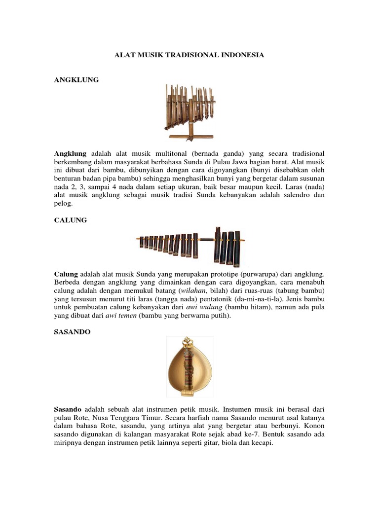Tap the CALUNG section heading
[x=70, y=220]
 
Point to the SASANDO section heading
[x=73, y=333]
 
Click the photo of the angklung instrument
[x=189, y=111]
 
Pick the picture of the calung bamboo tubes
[x=189, y=243]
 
